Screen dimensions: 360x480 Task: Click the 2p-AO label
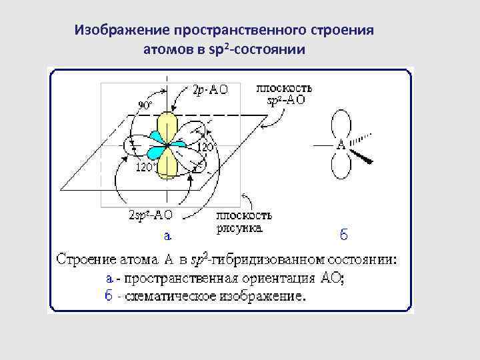(209, 91)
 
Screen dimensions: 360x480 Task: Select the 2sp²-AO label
(150, 215)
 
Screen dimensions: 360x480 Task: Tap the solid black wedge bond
(363, 157)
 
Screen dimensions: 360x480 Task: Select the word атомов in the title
(167, 50)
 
